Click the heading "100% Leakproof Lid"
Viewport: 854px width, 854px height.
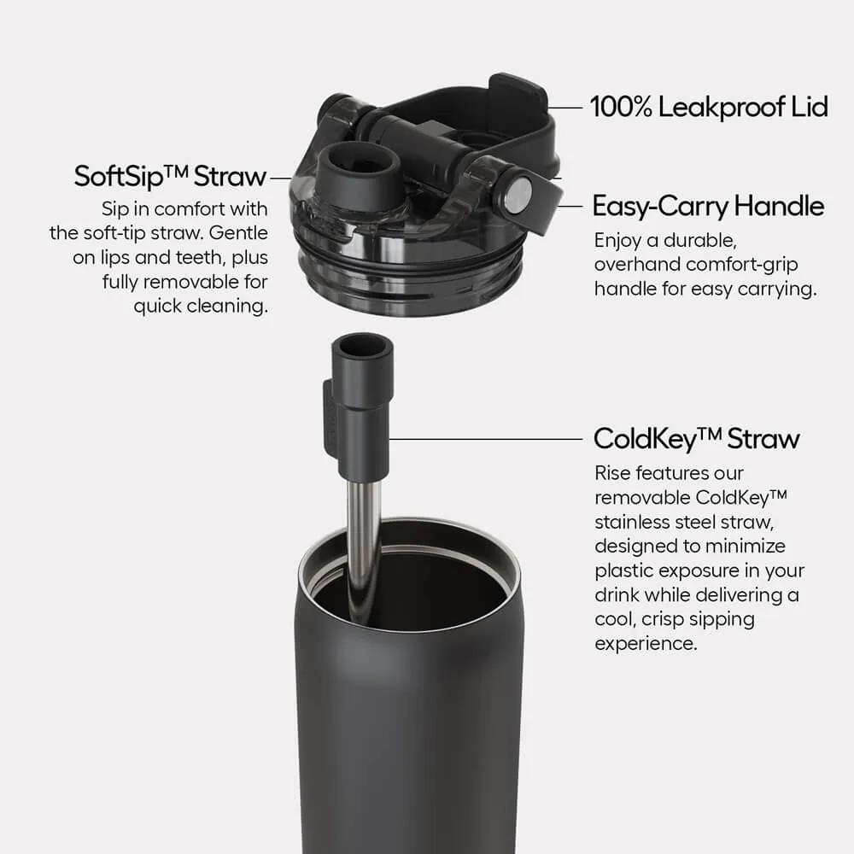pos(708,108)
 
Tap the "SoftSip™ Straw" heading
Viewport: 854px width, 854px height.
pos(170,177)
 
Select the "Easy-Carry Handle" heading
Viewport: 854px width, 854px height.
pos(708,207)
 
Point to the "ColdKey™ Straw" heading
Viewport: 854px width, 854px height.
pos(696,439)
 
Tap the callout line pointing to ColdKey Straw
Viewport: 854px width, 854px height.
pos(487,439)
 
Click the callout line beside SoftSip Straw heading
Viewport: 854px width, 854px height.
pos(280,178)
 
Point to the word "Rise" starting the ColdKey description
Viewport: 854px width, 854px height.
pos(613,472)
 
